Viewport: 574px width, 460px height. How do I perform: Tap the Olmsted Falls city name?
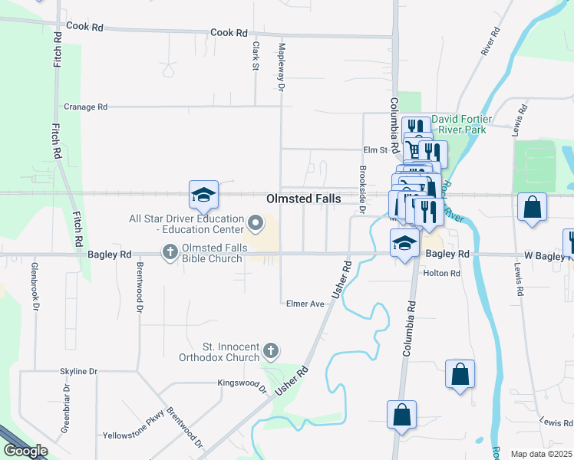click(304, 199)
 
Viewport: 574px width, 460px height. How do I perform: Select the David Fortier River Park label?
click(459, 124)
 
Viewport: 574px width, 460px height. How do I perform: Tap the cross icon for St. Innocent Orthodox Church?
click(269, 351)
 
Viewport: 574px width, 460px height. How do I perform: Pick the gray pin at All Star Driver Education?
click(256, 224)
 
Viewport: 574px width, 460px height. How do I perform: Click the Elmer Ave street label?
click(305, 303)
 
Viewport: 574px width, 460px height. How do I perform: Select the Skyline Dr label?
click(79, 372)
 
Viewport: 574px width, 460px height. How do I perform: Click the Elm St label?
click(373, 151)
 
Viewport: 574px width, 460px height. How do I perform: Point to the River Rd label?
click(489, 41)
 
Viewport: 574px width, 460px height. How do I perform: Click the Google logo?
click(25, 451)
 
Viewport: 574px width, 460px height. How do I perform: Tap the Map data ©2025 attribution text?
click(540, 454)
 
